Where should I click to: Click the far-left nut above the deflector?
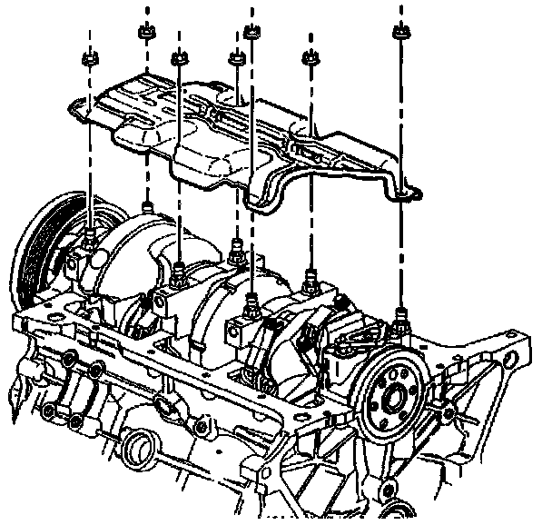90,60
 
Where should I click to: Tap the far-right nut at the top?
399,34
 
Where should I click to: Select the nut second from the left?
178,60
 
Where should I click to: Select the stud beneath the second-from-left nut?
179,270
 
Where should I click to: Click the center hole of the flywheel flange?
391,396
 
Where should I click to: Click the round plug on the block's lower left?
138,446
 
